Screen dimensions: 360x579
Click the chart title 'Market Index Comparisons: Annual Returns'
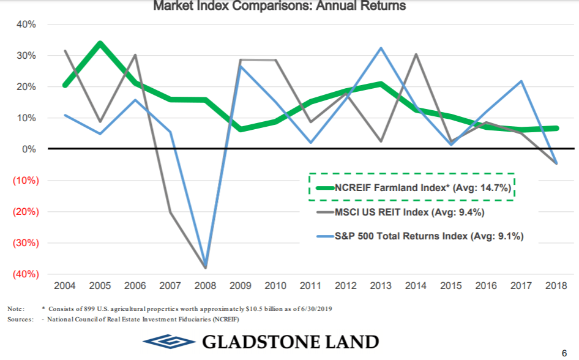tap(279, 7)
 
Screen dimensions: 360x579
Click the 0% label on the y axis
tap(30, 149)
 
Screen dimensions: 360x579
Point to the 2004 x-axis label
tap(65, 286)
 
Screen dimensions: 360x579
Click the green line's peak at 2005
tap(100, 43)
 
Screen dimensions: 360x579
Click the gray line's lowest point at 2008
tap(204, 267)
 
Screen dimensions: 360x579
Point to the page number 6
tap(564, 352)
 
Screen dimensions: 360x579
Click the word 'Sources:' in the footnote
tap(20, 320)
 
